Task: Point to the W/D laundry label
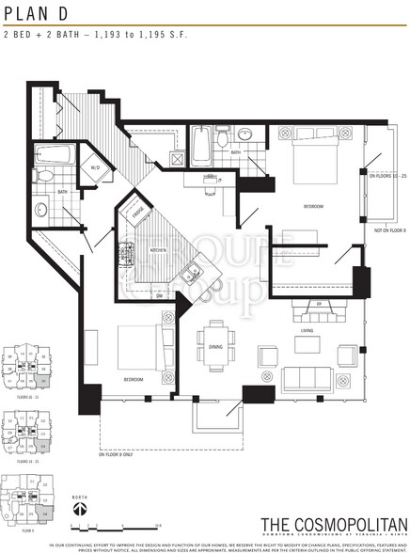pos(95,169)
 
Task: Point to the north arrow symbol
pos(81,507)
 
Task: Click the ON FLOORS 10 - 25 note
pos(386,176)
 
